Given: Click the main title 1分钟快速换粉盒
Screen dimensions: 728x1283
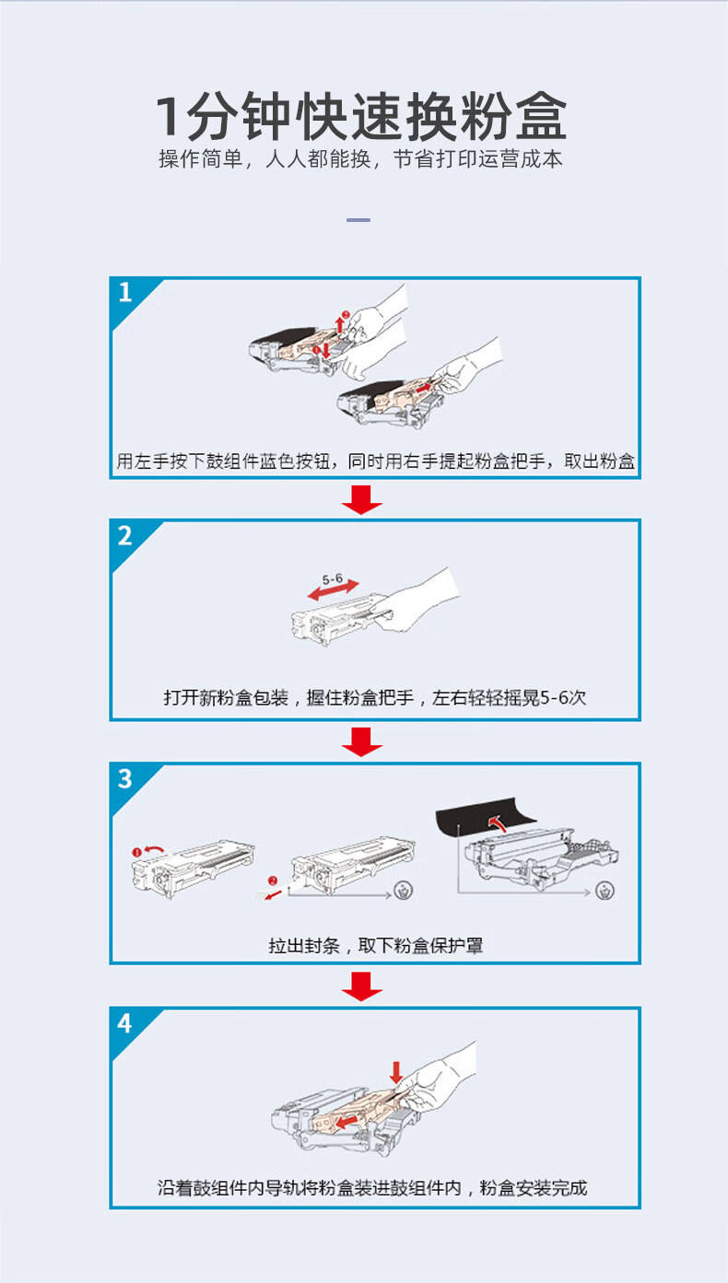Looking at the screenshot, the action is (362, 116).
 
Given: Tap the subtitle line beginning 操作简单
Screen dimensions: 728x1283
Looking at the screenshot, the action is (360, 159).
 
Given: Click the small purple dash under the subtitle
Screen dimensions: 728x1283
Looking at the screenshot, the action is (358, 220).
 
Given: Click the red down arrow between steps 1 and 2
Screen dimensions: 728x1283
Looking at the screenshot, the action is (362, 499).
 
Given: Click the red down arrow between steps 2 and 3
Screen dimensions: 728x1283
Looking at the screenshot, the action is (362, 741).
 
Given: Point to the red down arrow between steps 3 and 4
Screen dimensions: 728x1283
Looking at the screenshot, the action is (362, 986).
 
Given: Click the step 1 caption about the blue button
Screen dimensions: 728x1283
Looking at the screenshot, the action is (375, 461).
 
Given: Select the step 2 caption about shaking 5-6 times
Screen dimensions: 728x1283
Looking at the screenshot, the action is (375, 697).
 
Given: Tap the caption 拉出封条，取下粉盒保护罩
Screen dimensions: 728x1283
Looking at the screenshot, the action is (375, 945).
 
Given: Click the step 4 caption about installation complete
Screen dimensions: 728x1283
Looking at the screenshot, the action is (372, 1187).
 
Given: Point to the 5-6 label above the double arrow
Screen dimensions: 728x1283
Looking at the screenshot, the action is (333, 579).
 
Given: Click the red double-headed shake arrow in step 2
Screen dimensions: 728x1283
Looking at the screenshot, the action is (333, 590).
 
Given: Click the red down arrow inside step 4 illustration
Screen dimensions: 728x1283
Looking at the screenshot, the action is (396, 1072).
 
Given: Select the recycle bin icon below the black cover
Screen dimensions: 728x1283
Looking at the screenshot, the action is (605, 891).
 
